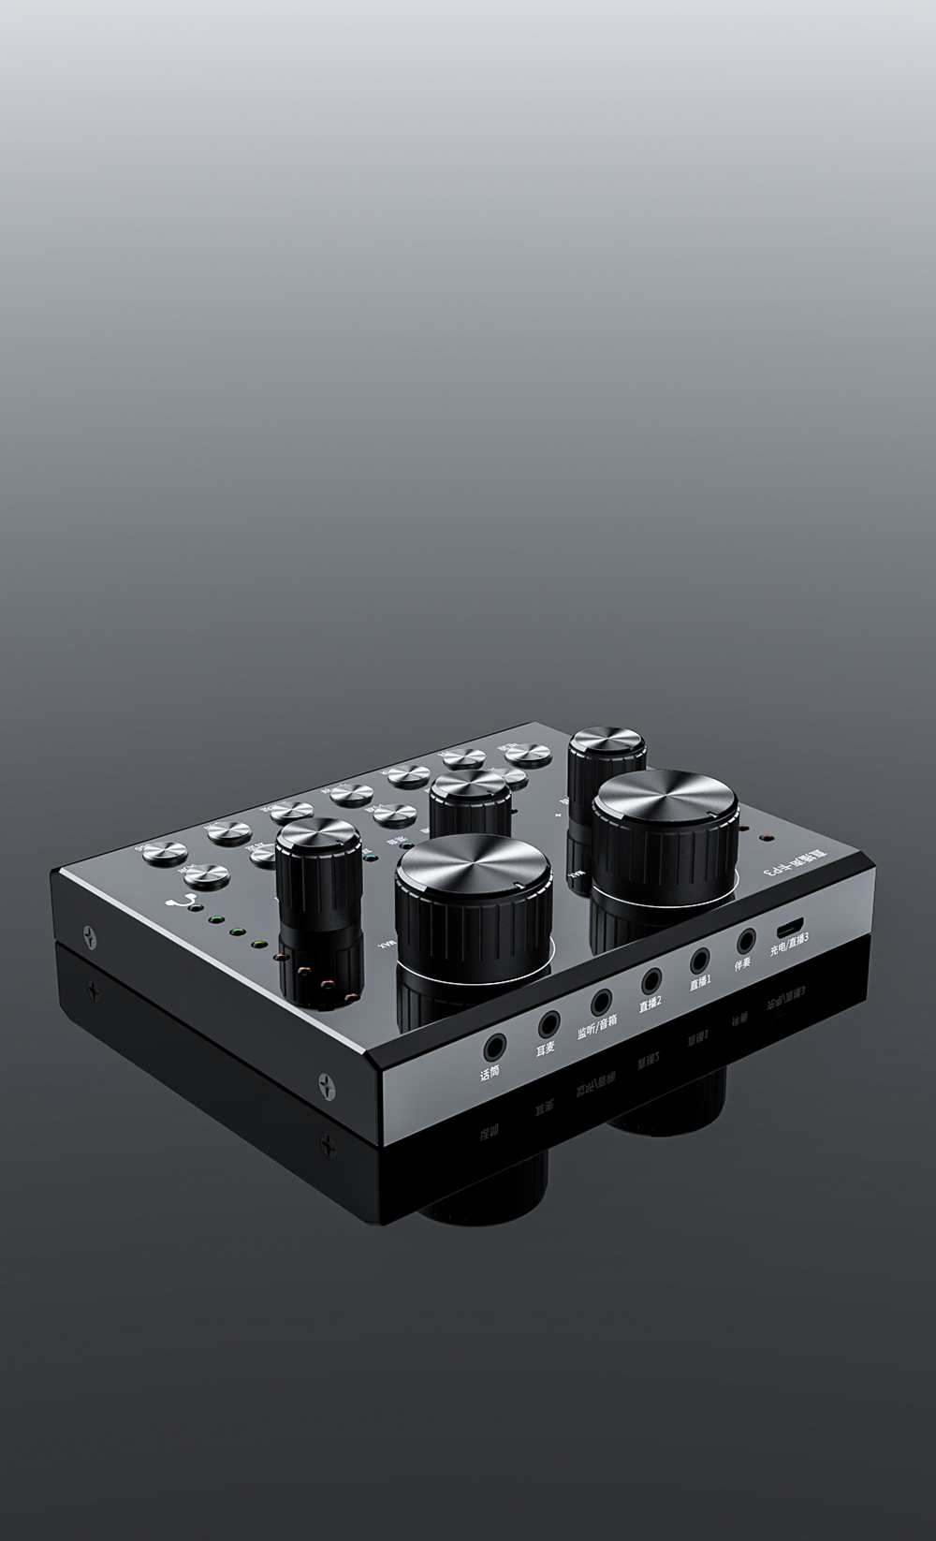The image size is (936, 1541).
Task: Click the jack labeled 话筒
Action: tap(490, 1044)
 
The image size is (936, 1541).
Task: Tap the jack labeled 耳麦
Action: tap(548, 1023)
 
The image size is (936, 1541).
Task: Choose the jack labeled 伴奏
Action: tap(746, 941)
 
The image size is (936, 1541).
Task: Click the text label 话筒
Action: tap(490, 1073)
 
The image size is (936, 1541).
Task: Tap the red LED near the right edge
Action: tap(764, 837)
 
